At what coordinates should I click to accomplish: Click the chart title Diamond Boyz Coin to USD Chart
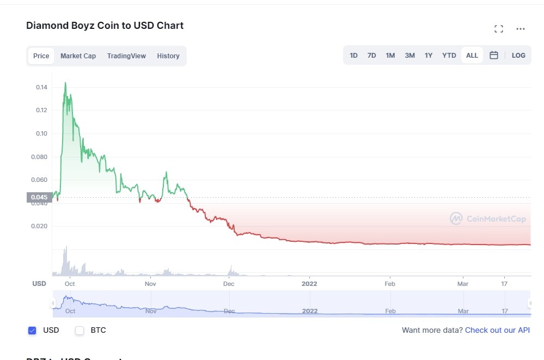(105, 26)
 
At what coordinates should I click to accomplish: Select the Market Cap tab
(78, 56)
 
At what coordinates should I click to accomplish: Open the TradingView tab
(126, 56)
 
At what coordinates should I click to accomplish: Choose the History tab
(168, 56)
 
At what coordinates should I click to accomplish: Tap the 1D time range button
(353, 56)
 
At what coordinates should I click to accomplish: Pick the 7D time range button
(371, 56)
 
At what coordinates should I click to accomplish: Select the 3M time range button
(409, 56)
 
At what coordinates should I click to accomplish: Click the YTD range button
(449, 56)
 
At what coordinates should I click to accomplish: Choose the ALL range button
(472, 56)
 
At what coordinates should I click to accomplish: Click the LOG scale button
(518, 56)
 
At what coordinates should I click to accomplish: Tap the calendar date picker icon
(494, 56)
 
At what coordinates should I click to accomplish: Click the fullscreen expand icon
(498, 29)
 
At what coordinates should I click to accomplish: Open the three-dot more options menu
(521, 29)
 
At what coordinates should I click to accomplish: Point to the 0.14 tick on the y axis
(41, 87)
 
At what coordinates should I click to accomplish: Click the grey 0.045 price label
(39, 197)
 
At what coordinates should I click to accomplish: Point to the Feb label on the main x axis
(389, 284)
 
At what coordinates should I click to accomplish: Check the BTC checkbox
(80, 331)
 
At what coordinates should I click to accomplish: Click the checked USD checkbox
(32, 331)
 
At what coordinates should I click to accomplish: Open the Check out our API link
(497, 330)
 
